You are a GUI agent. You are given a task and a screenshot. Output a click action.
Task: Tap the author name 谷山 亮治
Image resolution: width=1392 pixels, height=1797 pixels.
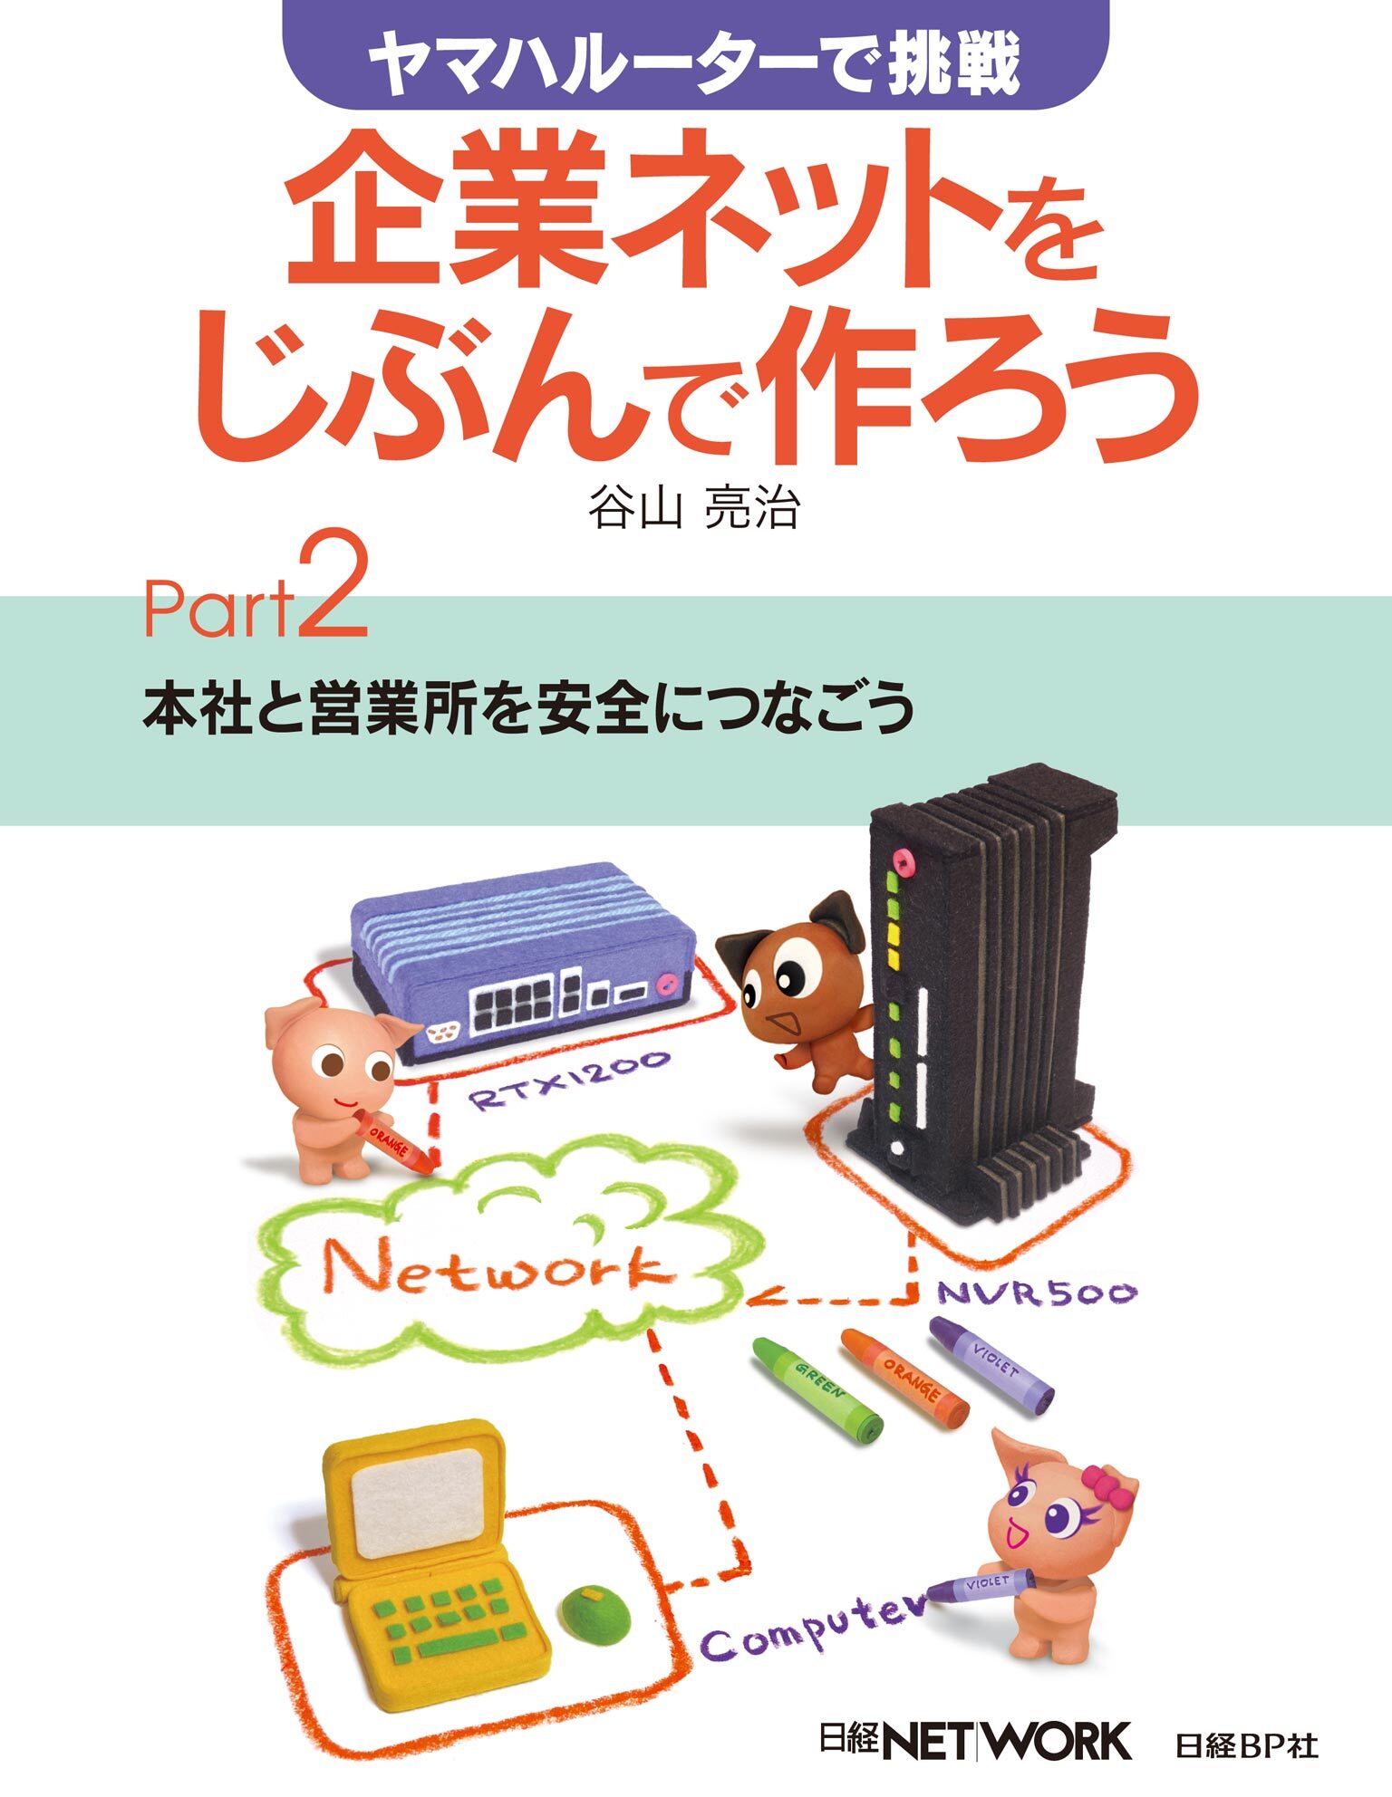coord(694,508)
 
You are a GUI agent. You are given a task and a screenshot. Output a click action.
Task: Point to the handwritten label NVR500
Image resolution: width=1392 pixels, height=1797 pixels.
coord(1036,1292)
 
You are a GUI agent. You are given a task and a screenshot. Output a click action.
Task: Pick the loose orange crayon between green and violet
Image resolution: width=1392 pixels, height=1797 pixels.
coord(904,1376)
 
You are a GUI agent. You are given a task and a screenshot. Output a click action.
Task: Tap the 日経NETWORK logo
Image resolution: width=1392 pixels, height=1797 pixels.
coord(974,1741)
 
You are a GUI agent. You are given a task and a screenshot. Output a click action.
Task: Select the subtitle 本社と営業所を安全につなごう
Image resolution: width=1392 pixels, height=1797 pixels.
coord(527,707)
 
